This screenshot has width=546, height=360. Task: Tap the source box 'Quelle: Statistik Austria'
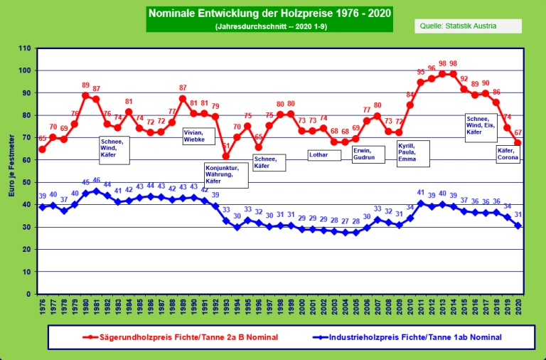point(468,26)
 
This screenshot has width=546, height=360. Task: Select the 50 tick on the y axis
point(27,183)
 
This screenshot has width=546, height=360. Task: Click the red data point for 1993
point(226,157)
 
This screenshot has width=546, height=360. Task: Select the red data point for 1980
point(85,95)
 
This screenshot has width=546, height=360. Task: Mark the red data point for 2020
point(518,143)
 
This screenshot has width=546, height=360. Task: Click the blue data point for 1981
point(96,191)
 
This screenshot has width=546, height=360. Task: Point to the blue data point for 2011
point(421,203)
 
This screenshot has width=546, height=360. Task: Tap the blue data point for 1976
point(42,206)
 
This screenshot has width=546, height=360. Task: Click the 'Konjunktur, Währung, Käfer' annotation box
point(226,175)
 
